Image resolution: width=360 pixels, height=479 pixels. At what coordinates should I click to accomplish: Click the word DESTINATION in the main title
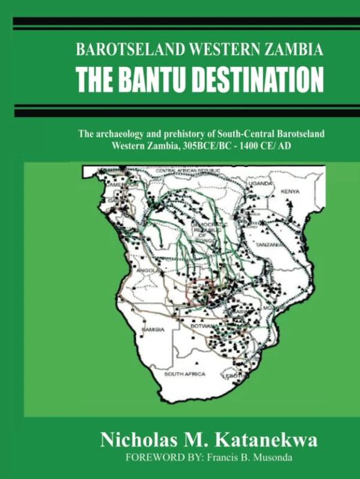[x=259, y=79]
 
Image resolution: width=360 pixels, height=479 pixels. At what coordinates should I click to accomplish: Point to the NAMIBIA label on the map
[x=149, y=330]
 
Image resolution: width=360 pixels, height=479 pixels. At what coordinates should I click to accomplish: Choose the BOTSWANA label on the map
[x=202, y=327]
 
